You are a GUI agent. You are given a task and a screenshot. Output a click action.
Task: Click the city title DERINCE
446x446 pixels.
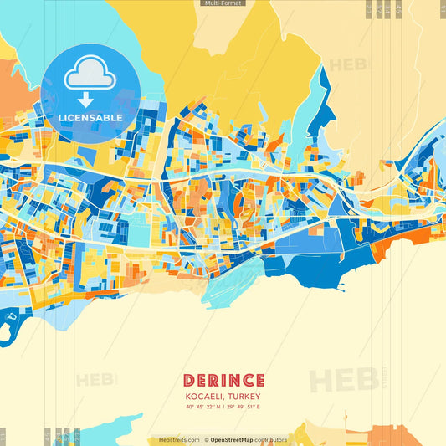223,381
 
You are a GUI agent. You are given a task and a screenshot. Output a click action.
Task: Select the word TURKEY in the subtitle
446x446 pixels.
246,396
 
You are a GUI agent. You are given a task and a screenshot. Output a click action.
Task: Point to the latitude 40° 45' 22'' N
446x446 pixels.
205,407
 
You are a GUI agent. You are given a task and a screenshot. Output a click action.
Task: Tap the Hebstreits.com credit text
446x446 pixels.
179,439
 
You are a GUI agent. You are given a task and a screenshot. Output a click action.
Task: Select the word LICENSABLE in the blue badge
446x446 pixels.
90,118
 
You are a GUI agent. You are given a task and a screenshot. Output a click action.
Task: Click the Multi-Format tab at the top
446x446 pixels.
223,3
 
